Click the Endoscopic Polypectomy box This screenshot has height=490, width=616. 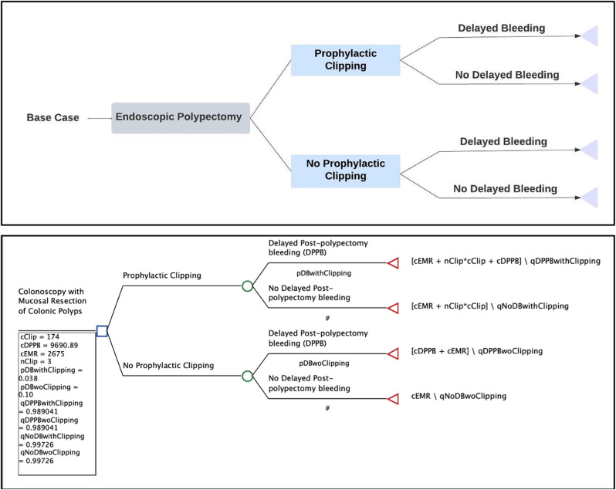point(181,118)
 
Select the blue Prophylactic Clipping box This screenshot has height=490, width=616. point(345,60)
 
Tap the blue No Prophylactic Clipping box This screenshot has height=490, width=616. point(345,170)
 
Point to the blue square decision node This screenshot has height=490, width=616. point(101,331)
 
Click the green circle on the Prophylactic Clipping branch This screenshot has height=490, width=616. point(247,286)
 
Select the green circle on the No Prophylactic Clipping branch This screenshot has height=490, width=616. point(247,376)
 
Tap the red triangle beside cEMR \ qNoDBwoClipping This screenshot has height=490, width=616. point(392,398)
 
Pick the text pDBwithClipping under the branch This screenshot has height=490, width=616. point(324,273)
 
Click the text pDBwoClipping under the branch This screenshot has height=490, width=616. point(324,363)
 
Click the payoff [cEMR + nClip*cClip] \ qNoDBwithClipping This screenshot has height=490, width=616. point(489,306)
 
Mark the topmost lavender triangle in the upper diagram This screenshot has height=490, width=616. point(591,36)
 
